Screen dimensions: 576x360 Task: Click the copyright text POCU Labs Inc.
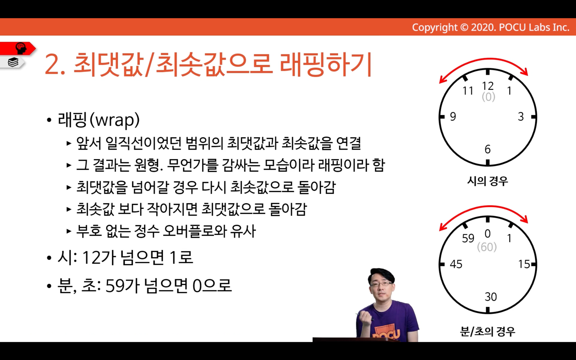[x=534, y=27]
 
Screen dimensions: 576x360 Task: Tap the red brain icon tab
[x=18, y=48]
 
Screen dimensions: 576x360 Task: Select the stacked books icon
[x=13, y=62]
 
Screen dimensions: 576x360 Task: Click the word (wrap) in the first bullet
[x=115, y=120]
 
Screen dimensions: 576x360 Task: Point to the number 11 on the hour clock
[x=468, y=91]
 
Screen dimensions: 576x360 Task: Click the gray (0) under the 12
[x=488, y=97]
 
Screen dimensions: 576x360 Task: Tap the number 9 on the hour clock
[x=453, y=117]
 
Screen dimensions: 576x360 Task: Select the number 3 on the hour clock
[x=521, y=117]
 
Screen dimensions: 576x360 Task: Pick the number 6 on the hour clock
[x=488, y=149]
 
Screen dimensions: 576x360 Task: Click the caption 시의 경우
[x=488, y=181]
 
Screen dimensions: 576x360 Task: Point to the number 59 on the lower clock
[x=468, y=238]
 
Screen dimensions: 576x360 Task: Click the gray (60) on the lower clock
[x=487, y=247]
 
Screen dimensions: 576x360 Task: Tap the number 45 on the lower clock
[x=456, y=264]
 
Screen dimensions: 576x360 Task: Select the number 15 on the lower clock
[x=524, y=264]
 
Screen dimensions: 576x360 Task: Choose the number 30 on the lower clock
[x=491, y=297]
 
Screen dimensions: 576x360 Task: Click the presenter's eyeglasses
[x=382, y=284]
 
